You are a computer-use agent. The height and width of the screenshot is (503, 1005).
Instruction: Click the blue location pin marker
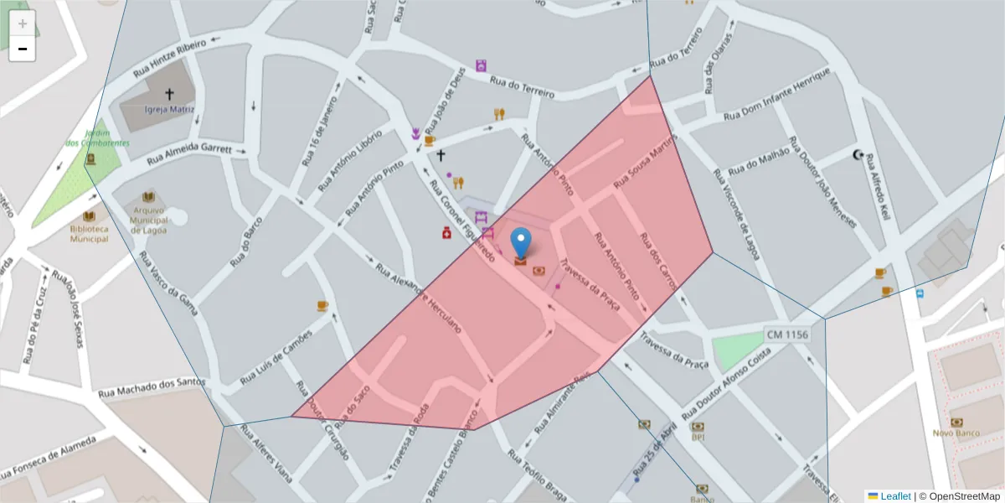point(521,243)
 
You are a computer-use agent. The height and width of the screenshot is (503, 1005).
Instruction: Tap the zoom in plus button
point(23,23)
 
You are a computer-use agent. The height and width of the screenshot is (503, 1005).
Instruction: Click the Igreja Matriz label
point(169,109)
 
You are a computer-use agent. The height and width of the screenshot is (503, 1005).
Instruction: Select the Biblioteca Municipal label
point(89,233)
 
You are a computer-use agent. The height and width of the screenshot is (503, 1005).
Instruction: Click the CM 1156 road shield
point(787,334)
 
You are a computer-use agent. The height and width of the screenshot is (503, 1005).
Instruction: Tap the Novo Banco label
point(956,433)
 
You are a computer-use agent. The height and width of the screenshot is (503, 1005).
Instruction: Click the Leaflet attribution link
point(894,495)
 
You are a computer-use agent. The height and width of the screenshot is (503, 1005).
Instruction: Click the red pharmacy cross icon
point(447,232)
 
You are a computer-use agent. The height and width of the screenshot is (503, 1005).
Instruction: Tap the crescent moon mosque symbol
point(858,154)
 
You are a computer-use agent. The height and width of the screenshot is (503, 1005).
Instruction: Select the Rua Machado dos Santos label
point(152,388)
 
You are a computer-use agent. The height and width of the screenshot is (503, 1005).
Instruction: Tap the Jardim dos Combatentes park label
point(97,138)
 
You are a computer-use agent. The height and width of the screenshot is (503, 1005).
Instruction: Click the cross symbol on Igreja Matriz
point(169,94)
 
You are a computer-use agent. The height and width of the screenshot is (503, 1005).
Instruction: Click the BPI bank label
point(698,437)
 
